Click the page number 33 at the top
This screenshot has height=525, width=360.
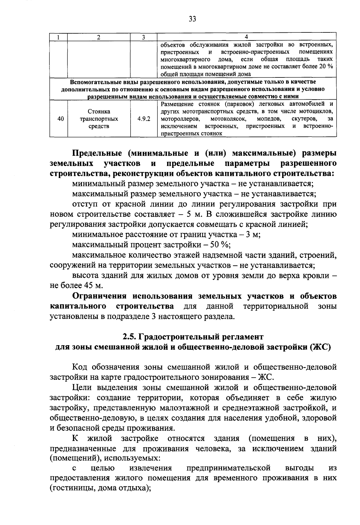coord(192,19)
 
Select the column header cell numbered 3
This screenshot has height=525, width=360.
coord(144,37)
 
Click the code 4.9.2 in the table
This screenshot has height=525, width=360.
coord(144,119)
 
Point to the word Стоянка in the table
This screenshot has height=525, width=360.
coord(99,112)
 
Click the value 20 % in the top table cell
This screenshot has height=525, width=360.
coord(326,67)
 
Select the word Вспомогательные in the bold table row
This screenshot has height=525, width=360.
coord(94,82)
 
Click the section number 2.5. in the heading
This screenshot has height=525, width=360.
coord(130,336)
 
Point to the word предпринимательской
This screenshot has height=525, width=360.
coord(229,468)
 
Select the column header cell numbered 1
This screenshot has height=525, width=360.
coord(58,37)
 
